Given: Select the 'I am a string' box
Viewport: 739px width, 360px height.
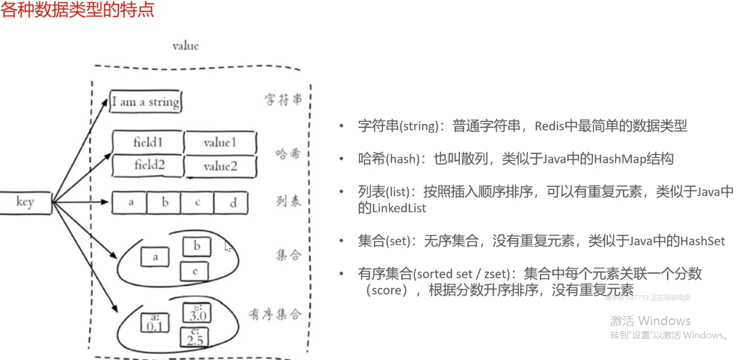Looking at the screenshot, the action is coord(146,102).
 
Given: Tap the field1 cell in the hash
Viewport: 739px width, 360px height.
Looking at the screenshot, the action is coord(148,142).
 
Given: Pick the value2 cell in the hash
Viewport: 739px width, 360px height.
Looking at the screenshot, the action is coord(220,166).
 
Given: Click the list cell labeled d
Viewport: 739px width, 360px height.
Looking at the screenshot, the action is coord(233,203).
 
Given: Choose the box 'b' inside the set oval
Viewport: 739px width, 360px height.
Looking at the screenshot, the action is coord(196,246).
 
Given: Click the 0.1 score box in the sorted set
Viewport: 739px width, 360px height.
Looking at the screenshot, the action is coord(155,323).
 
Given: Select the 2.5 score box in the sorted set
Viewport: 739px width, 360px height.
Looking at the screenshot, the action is coord(195,338).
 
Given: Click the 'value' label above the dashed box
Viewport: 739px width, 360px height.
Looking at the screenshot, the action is coord(185,46).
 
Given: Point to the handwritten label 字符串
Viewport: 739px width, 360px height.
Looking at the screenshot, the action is coord(283,100).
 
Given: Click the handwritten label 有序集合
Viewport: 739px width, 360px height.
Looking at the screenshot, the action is coord(274,315).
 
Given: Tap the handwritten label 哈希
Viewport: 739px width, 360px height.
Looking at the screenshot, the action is coord(287,154).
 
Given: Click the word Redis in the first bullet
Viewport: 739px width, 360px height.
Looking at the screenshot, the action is coord(548,126).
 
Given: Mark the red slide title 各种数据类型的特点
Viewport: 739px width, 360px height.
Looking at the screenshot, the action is coord(78,10).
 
